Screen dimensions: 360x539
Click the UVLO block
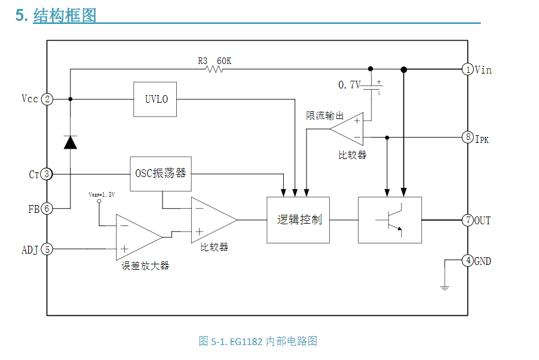pos(156,99)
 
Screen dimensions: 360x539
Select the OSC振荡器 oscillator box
pos(161,174)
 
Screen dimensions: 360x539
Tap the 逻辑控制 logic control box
pos(298,220)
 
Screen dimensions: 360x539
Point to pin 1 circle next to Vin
pos(468,70)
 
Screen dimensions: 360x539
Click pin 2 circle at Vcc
pos(47,99)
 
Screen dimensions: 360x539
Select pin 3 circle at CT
pos(47,175)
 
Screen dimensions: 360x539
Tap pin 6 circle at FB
pos(47,209)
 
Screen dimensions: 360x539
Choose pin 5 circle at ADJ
pos(47,249)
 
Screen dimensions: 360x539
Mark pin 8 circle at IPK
pos(468,138)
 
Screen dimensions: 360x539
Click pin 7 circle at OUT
pos(468,220)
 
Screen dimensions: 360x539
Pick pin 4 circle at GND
pos(468,261)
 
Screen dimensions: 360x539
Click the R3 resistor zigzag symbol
pos(214,69)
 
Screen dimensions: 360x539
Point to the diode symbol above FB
pos(71,142)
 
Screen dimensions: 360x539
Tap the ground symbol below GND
pos(445,288)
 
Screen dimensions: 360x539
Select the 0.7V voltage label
pos(349,86)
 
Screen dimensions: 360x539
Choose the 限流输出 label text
pos(324,115)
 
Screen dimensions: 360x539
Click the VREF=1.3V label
pos(102,195)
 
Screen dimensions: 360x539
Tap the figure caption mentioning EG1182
pos(258,341)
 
